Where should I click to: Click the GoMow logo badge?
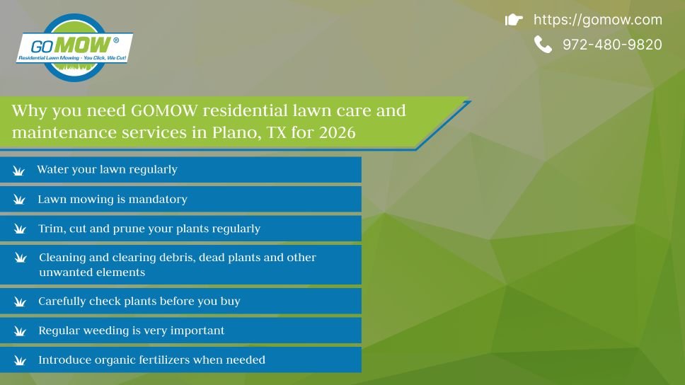(x=75, y=47)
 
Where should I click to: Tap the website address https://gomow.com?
(x=598, y=20)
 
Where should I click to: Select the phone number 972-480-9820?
(x=612, y=45)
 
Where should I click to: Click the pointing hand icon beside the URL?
(x=514, y=20)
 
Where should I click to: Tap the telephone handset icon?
(x=543, y=45)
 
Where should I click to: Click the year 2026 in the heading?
(x=338, y=132)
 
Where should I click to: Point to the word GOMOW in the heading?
(x=164, y=110)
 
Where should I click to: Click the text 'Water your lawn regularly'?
(x=107, y=170)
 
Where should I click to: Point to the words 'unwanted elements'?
(x=92, y=272)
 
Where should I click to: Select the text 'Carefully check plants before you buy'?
(x=139, y=301)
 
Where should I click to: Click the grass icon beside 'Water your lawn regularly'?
(x=19, y=171)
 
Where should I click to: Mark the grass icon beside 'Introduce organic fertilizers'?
(x=20, y=360)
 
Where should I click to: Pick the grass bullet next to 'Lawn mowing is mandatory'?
(x=19, y=200)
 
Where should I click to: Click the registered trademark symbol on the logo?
(x=116, y=40)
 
